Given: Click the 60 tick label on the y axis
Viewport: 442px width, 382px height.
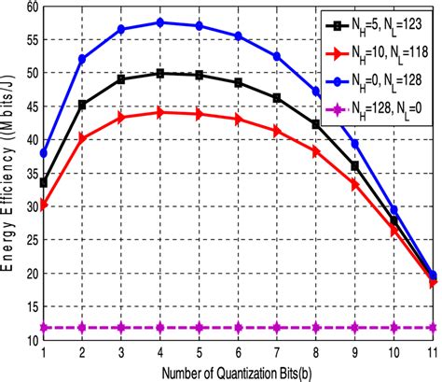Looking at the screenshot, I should tap(27, 7).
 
